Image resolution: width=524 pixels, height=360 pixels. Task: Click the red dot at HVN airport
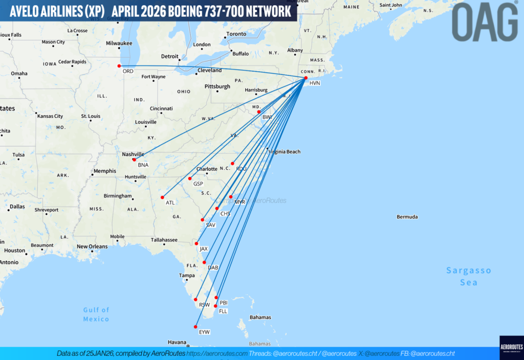pos(305,78)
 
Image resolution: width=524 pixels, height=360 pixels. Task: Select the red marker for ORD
pos(119,66)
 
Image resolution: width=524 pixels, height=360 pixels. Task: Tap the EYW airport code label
pos(205,332)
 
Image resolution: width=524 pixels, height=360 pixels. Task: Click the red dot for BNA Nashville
pos(134,160)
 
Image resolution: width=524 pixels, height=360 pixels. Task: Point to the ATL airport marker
pos(162,197)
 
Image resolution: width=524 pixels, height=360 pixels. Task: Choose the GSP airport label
pos(199,184)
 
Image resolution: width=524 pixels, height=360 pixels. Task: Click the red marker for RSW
pos(195,300)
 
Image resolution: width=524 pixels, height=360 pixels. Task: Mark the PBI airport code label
pos(224,303)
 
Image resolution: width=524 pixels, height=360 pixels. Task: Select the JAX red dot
pos(196,243)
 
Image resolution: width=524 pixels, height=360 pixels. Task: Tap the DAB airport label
pos(213,267)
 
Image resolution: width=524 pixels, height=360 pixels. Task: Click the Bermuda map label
pos(407,217)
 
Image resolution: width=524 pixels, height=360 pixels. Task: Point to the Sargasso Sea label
pos(468,276)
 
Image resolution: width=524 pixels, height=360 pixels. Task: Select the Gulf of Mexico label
pos(96,314)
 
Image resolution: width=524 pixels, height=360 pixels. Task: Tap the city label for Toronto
pos(236,35)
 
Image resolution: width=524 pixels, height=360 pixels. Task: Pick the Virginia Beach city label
pos(285,151)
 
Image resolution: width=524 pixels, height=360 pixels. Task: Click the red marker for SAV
pos(203,220)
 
